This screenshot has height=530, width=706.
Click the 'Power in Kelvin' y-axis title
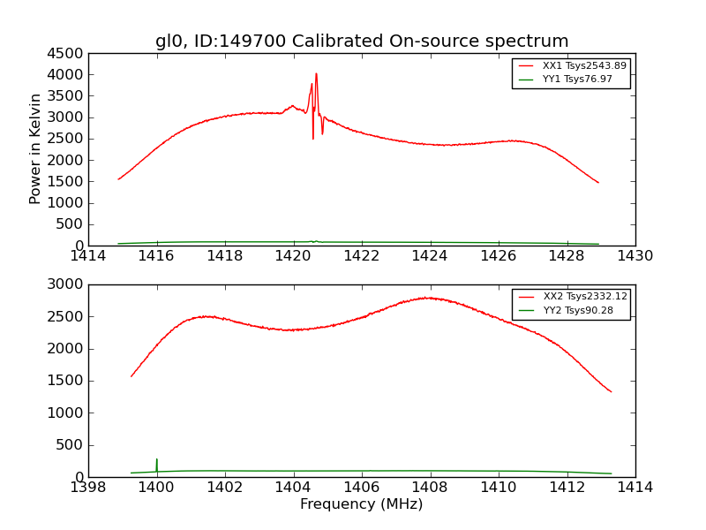pyautogui.click(x=35, y=149)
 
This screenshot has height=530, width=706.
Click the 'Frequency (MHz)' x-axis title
pyautogui.click(x=362, y=504)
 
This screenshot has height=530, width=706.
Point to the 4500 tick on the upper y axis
pyautogui.click(x=67, y=53)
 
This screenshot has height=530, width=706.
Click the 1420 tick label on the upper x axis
pyautogui.click(x=293, y=256)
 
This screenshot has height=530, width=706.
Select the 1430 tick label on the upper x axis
pyautogui.click(x=635, y=256)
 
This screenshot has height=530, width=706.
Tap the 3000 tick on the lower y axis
pyautogui.click(x=67, y=284)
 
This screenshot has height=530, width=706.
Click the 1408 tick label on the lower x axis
pyautogui.click(x=430, y=488)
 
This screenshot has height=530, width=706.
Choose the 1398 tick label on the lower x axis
pyautogui.click(x=88, y=488)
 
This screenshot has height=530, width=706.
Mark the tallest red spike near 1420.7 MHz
pyautogui.click(x=316, y=74)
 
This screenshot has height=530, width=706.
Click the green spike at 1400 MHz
pyautogui.click(x=156, y=460)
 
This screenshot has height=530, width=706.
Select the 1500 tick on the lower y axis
pyautogui.click(x=67, y=381)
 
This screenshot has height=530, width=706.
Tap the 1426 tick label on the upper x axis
pyautogui.click(x=498, y=256)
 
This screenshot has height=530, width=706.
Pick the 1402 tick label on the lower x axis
pyautogui.click(x=225, y=488)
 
